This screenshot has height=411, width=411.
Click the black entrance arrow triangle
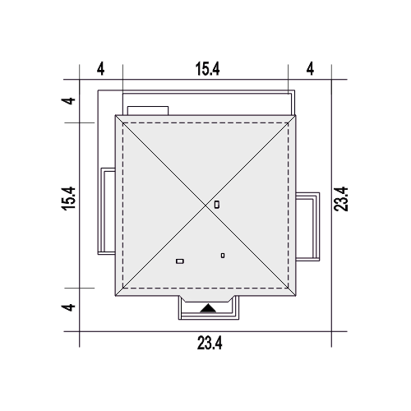tap(208, 308)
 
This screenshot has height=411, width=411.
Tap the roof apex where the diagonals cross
tap(205, 205)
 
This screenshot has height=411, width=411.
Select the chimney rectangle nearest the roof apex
tap(217, 205)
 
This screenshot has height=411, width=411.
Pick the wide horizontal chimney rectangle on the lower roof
tap(180, 261)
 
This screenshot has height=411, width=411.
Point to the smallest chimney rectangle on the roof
tap(223, 256)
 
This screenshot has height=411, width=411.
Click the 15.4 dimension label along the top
tap(207, 69)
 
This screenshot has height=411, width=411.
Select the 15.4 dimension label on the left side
tap(68, 199)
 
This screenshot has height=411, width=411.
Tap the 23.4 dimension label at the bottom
tap(210, 343)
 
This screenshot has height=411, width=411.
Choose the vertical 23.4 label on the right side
tap(341, 199)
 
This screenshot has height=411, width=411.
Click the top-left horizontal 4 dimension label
tap(101, 69)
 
